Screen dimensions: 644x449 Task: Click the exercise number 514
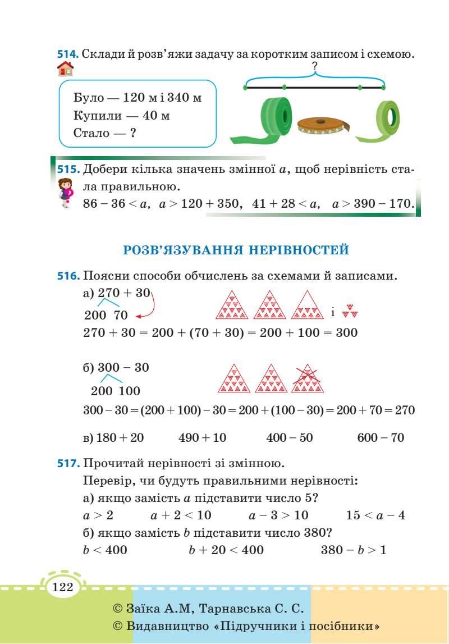[x=68, y=54]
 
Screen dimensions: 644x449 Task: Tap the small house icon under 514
[x=66, y=69]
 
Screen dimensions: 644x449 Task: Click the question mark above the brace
[x=314, y=66]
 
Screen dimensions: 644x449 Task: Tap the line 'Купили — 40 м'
[x=121, y=116]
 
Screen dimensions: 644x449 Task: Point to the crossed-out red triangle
[x=307, y=379]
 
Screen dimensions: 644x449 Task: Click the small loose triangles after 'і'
[x=350, y=311]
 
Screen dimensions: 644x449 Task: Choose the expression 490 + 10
[x=202, y=437]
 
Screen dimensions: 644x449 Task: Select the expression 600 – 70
[x=381, y=437]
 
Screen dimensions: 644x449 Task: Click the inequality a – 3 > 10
[x=278, y=515]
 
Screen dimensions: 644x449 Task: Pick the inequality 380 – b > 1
[x=354, y=550]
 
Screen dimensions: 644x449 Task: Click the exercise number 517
[x=68, y=464]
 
